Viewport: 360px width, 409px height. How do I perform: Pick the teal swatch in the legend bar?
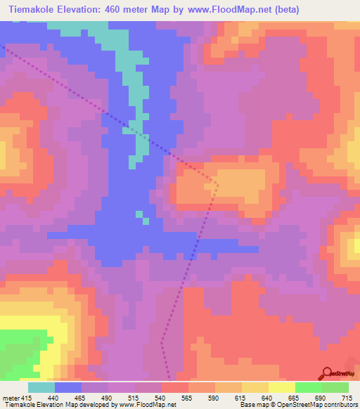[41, 387]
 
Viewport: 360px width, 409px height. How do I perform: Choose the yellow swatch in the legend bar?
[282, 387]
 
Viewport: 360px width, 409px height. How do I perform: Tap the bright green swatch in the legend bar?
[309, 387]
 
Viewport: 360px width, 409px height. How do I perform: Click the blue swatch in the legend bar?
[68, 387]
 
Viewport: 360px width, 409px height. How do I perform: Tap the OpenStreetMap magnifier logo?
[328, 372]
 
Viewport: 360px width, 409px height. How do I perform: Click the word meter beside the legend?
[11, 398]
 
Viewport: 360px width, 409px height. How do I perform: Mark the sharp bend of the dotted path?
[217, 185]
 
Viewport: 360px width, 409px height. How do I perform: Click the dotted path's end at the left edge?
[2, 46]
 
